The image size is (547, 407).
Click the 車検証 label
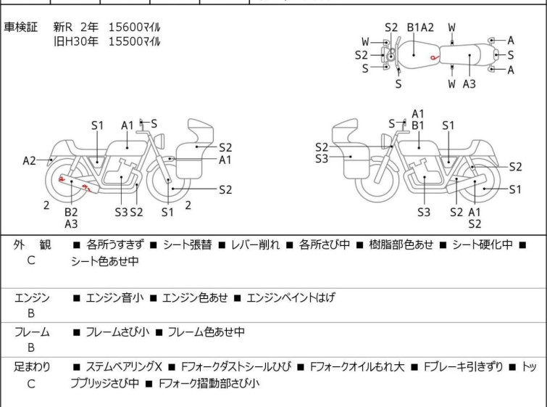pyautogui.click(x=20, y=27)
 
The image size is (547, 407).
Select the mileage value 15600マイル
pyautogui.click(x=134, y=27)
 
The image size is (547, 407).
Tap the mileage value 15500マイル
pyautogui.click(x=134, y=41)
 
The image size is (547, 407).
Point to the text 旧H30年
pyautogui.click(x=75, y=41)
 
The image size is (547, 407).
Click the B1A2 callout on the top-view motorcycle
pyautogui.click(x=420, y=28)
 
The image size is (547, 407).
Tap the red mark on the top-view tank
pyautogui.click(x=434, y=57)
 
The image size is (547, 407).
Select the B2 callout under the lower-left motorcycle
pyautogui.click(x=71, y=212)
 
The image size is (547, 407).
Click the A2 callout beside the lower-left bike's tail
pyautogui.click(x=29, y=161)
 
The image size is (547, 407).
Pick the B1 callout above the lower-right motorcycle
pyautogui.click(x=417, y=126)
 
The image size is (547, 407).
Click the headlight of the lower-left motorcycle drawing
pyautogui.click(x=159, y=141)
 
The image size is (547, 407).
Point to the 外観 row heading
pyautogui.click(x=32, y=244)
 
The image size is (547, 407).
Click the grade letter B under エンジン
pyautogui.click(x=31, y=313)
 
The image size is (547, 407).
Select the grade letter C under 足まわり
pyautogui.click(x=31, y=384)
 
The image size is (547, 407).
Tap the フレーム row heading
pyautogui.click(x=31, y=332)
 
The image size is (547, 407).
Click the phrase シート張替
pyautogui.click(x=188, y=244)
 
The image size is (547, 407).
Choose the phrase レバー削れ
pyautogui.click(x=255, y=244)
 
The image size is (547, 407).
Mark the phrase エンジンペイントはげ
pyautogui.click(x=291, y=297)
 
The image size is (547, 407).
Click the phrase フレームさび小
pyautogui.click(x=117, y=332)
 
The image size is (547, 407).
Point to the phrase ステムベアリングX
pyautogui.click(x=124, y=367)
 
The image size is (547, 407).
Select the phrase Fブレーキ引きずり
pyautogui.click(x=463, y=367)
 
